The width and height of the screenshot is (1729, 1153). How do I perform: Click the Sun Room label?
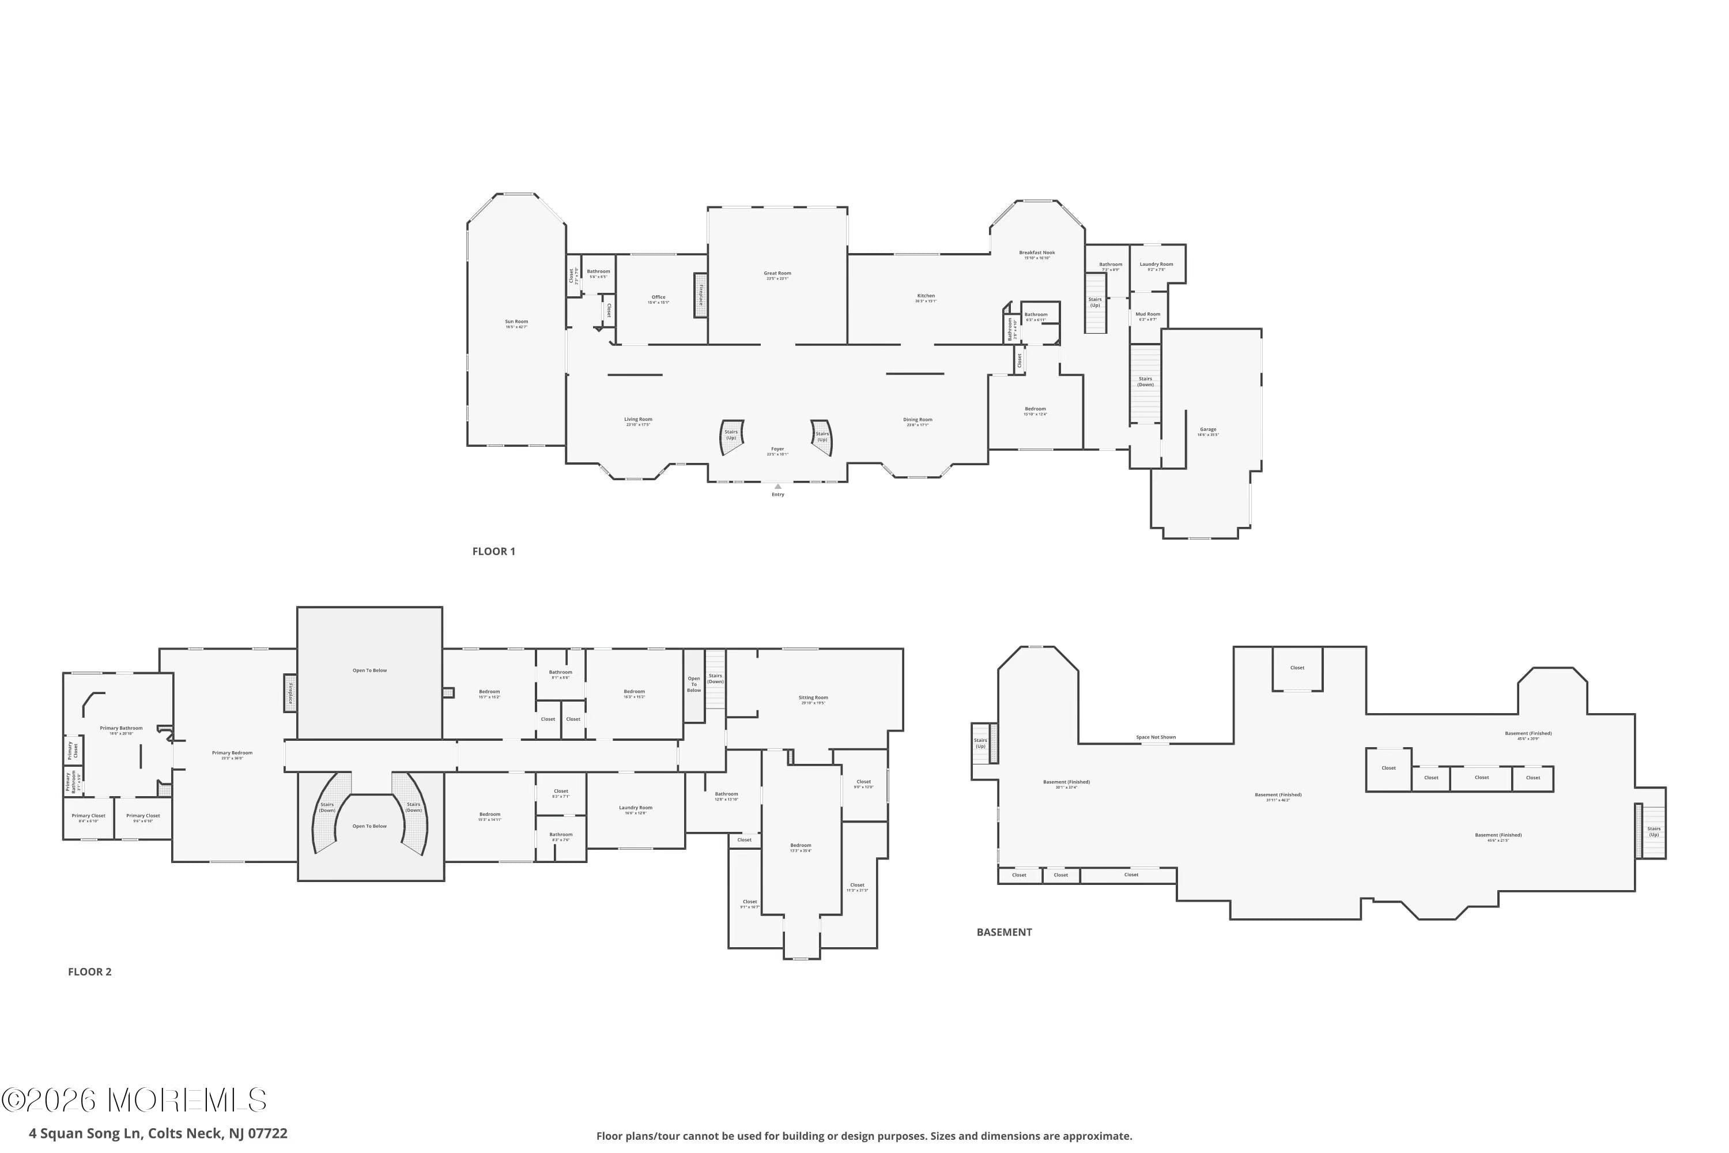tap(516, 321)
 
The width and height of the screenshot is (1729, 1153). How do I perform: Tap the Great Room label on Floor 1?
tap(777, 273)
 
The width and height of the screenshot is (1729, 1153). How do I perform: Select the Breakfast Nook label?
tap(1036, 253)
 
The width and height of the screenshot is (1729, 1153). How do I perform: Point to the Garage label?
tap(1208, 429)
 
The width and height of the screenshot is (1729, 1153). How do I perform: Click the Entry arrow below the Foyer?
tap(777, 486)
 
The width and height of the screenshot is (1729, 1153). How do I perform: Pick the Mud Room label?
tap(1147, 315)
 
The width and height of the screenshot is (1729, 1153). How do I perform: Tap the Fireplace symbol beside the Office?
tap(701, 296)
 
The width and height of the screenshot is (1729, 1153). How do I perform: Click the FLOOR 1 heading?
tap(493, 552)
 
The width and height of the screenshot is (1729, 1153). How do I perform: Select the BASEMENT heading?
tap(1003, 932)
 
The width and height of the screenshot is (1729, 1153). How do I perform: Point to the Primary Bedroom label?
tap(232, 753)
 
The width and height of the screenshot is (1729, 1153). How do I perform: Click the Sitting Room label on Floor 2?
tap(813, 698)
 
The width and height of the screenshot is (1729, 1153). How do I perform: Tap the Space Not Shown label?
tap(1156, 737)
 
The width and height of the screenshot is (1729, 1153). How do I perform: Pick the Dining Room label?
tap(918, 420)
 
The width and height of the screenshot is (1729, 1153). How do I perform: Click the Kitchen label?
tap(926, 296)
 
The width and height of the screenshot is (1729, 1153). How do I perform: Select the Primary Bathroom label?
tap(121, 729)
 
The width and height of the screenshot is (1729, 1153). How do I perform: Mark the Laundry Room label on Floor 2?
tap(635, 808)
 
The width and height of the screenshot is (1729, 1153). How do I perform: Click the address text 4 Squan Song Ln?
tap(158, 1133)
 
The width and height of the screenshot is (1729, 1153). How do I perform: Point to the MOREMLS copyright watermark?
tap(134, 1100)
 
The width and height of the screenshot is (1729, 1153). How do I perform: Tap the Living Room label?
tap(638, 420)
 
